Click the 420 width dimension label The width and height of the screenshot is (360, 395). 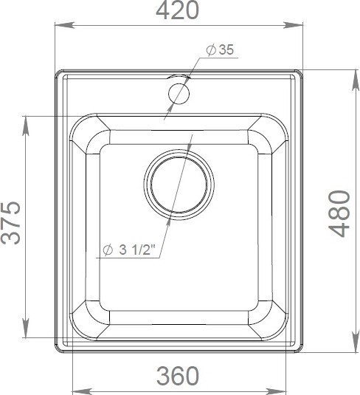coord(178,10)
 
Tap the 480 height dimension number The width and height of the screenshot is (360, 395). coord(339,213)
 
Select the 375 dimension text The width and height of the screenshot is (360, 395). coord(10,223)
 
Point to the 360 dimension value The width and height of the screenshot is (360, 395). coord(178,376)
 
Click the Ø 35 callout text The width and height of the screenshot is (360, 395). coord(220,49)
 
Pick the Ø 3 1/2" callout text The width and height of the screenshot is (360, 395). coord(128,250)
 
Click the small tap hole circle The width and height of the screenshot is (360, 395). coord(179,94)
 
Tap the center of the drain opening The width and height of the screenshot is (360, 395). coord(179,185)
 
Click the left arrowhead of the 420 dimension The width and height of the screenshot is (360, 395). coord(64,25)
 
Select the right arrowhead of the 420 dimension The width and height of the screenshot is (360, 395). coord(293,25)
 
